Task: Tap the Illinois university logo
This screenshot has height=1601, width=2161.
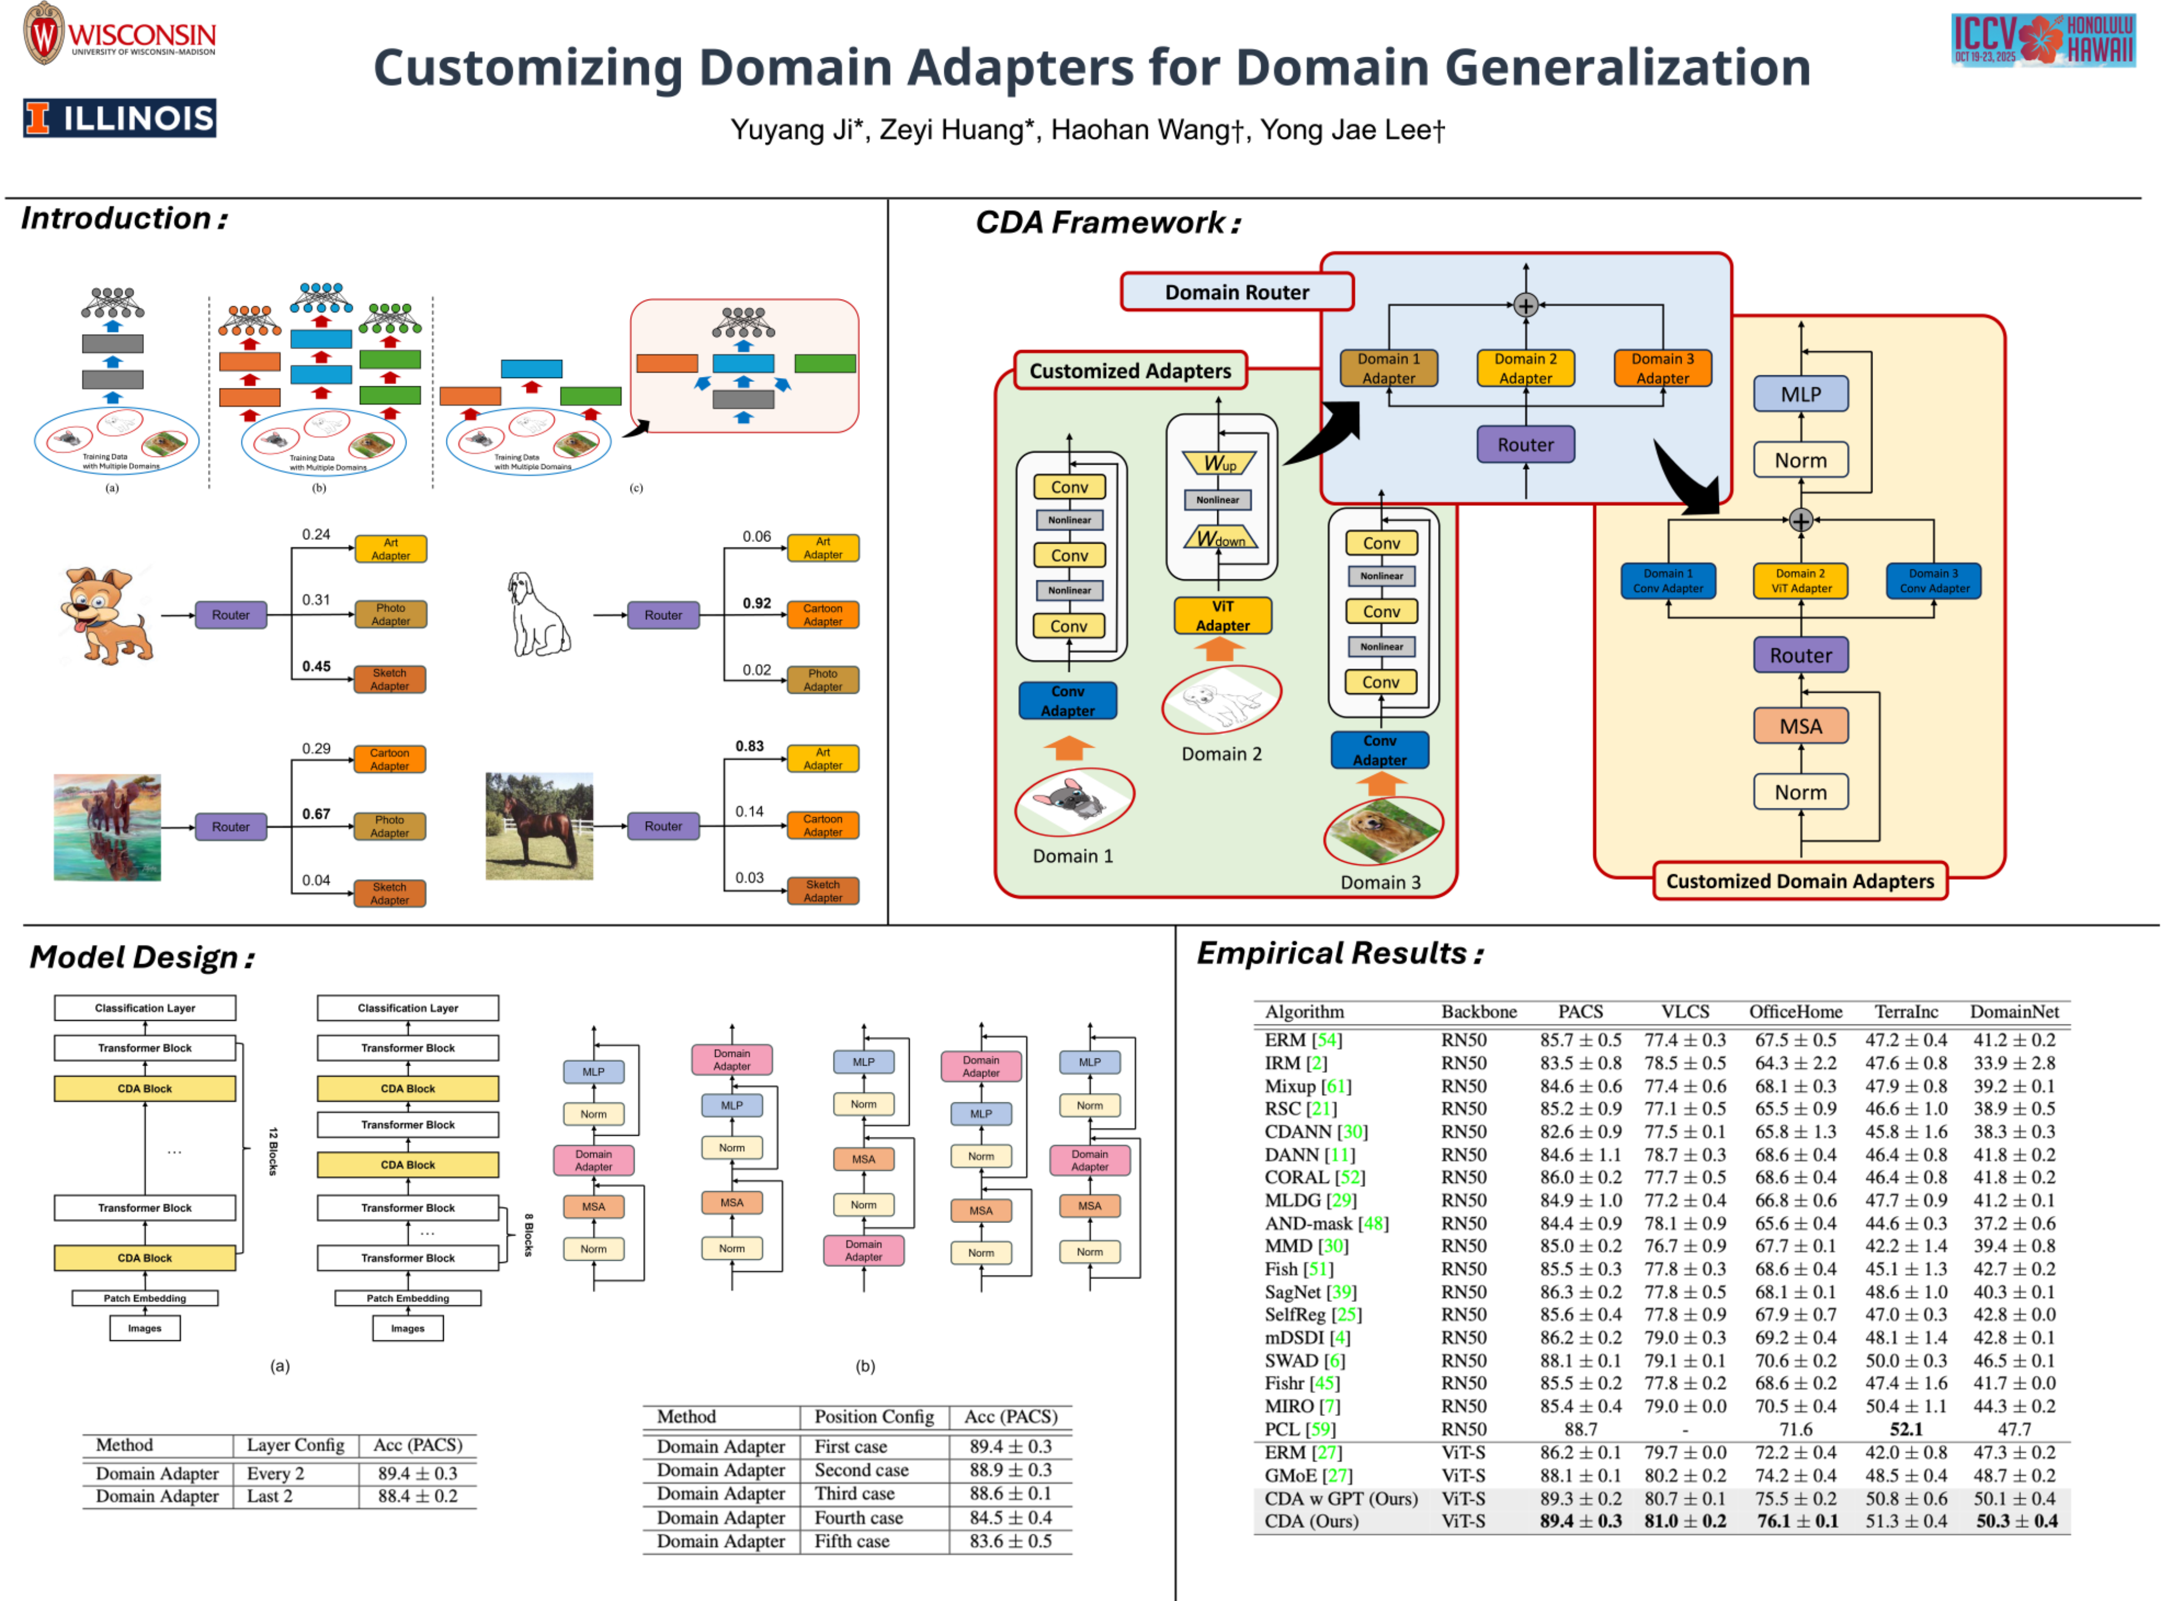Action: pyautogui.click(x=119, y=118)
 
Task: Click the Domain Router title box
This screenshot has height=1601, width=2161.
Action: pyautogui.click(x=1236, y=292)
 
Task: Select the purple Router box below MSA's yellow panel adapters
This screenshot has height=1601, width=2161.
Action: pyautogui.click(x=1800, y=655)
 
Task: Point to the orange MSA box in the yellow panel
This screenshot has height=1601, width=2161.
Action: pyautogui.click(x=1800, y=726)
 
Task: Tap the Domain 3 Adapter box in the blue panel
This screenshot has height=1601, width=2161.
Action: pyautogui.click(x=1662, y=368)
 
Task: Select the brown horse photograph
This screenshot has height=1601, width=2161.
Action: pyautogui.click(x=538, y=826)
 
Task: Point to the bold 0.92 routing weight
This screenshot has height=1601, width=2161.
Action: pyautogui.click(x=756, y=603)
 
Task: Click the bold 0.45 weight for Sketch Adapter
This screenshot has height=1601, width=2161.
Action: pyautogui.click(x=316, y=666)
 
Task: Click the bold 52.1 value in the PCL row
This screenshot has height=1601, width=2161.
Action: pyautogui.click(x=1905, y=1429)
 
